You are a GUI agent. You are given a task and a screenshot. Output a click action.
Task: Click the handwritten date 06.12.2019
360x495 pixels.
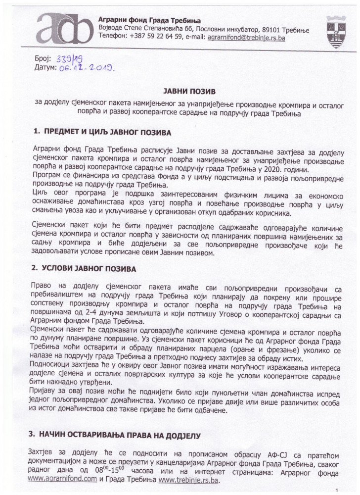pyautogui.click(x=86, y=67)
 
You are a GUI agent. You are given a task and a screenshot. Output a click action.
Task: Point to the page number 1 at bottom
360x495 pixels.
pyautogui.click(x=336, y=490)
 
